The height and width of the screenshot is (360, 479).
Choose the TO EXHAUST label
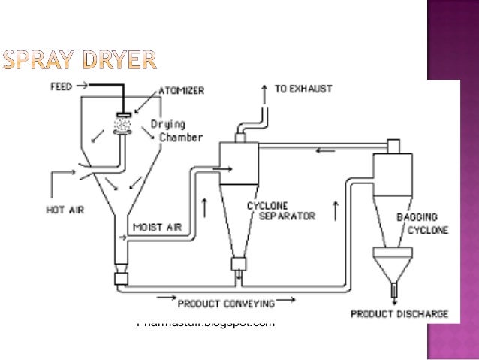(x=300, y=89)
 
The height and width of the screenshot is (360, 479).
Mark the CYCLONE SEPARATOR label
(x=276, y=210)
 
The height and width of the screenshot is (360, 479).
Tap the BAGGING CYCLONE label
(x=422, y=223)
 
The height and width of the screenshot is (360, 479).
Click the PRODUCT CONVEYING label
(x=225, y=304)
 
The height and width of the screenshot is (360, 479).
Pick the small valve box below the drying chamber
(x=120, y=278)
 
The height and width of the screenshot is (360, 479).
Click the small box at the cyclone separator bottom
(x=238, y=265)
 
